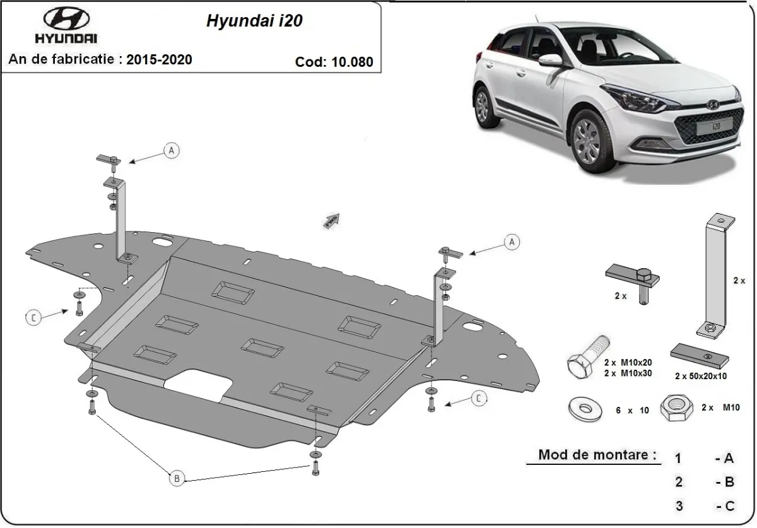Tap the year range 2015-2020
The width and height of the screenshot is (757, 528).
tap(159, 60)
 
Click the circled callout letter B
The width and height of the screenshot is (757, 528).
tap(177, 479)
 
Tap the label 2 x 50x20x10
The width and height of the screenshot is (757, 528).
tap(700, 376)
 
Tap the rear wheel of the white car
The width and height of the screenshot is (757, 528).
tap(483, 105)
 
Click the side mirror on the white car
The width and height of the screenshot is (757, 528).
tap(551, 60)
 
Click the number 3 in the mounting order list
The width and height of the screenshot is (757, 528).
tap(678, 505)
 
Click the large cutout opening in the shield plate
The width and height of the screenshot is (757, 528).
tap(197, 386)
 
